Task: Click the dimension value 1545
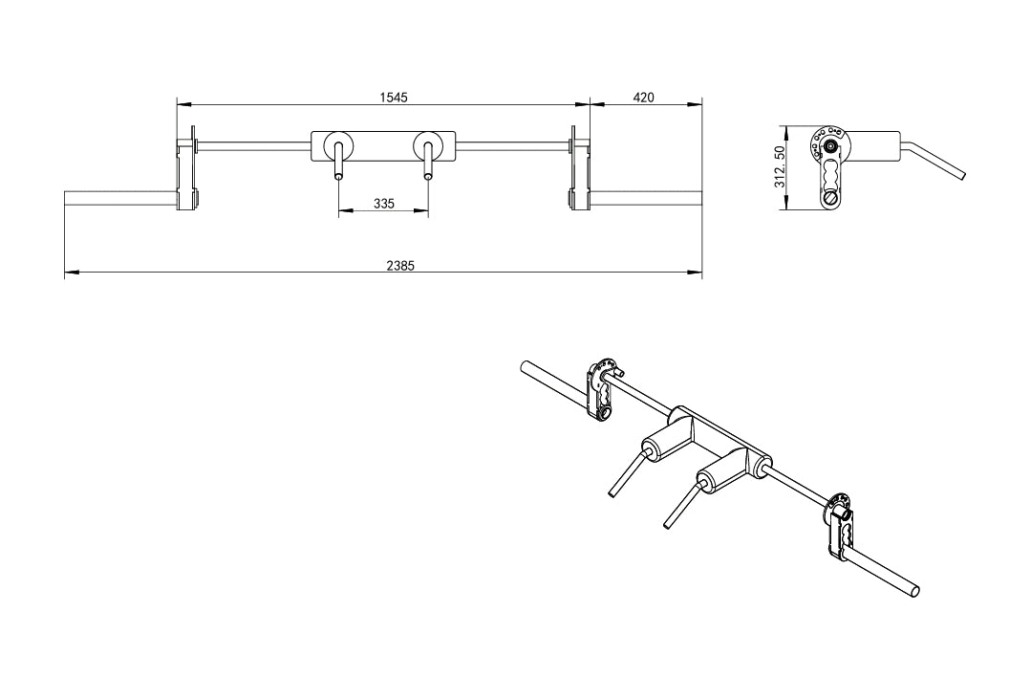click(x=394, y=97)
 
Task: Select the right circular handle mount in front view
click(x=427, y=146)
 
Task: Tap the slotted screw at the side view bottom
click(x=828, y=199)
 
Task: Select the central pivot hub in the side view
click(x=829, y=146)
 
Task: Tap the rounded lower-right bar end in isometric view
click(x=916, y=589)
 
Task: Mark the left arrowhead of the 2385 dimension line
click(x=68, y=274)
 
